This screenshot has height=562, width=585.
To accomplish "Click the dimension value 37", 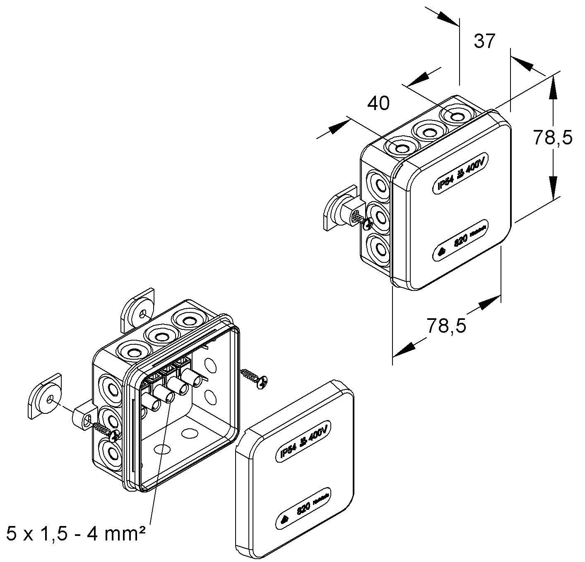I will (484, 41).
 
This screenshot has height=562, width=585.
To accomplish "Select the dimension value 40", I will (378, 103).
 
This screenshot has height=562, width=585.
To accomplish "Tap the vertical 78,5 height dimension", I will (552, 137).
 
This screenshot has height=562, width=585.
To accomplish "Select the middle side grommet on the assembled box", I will (378, 215).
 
